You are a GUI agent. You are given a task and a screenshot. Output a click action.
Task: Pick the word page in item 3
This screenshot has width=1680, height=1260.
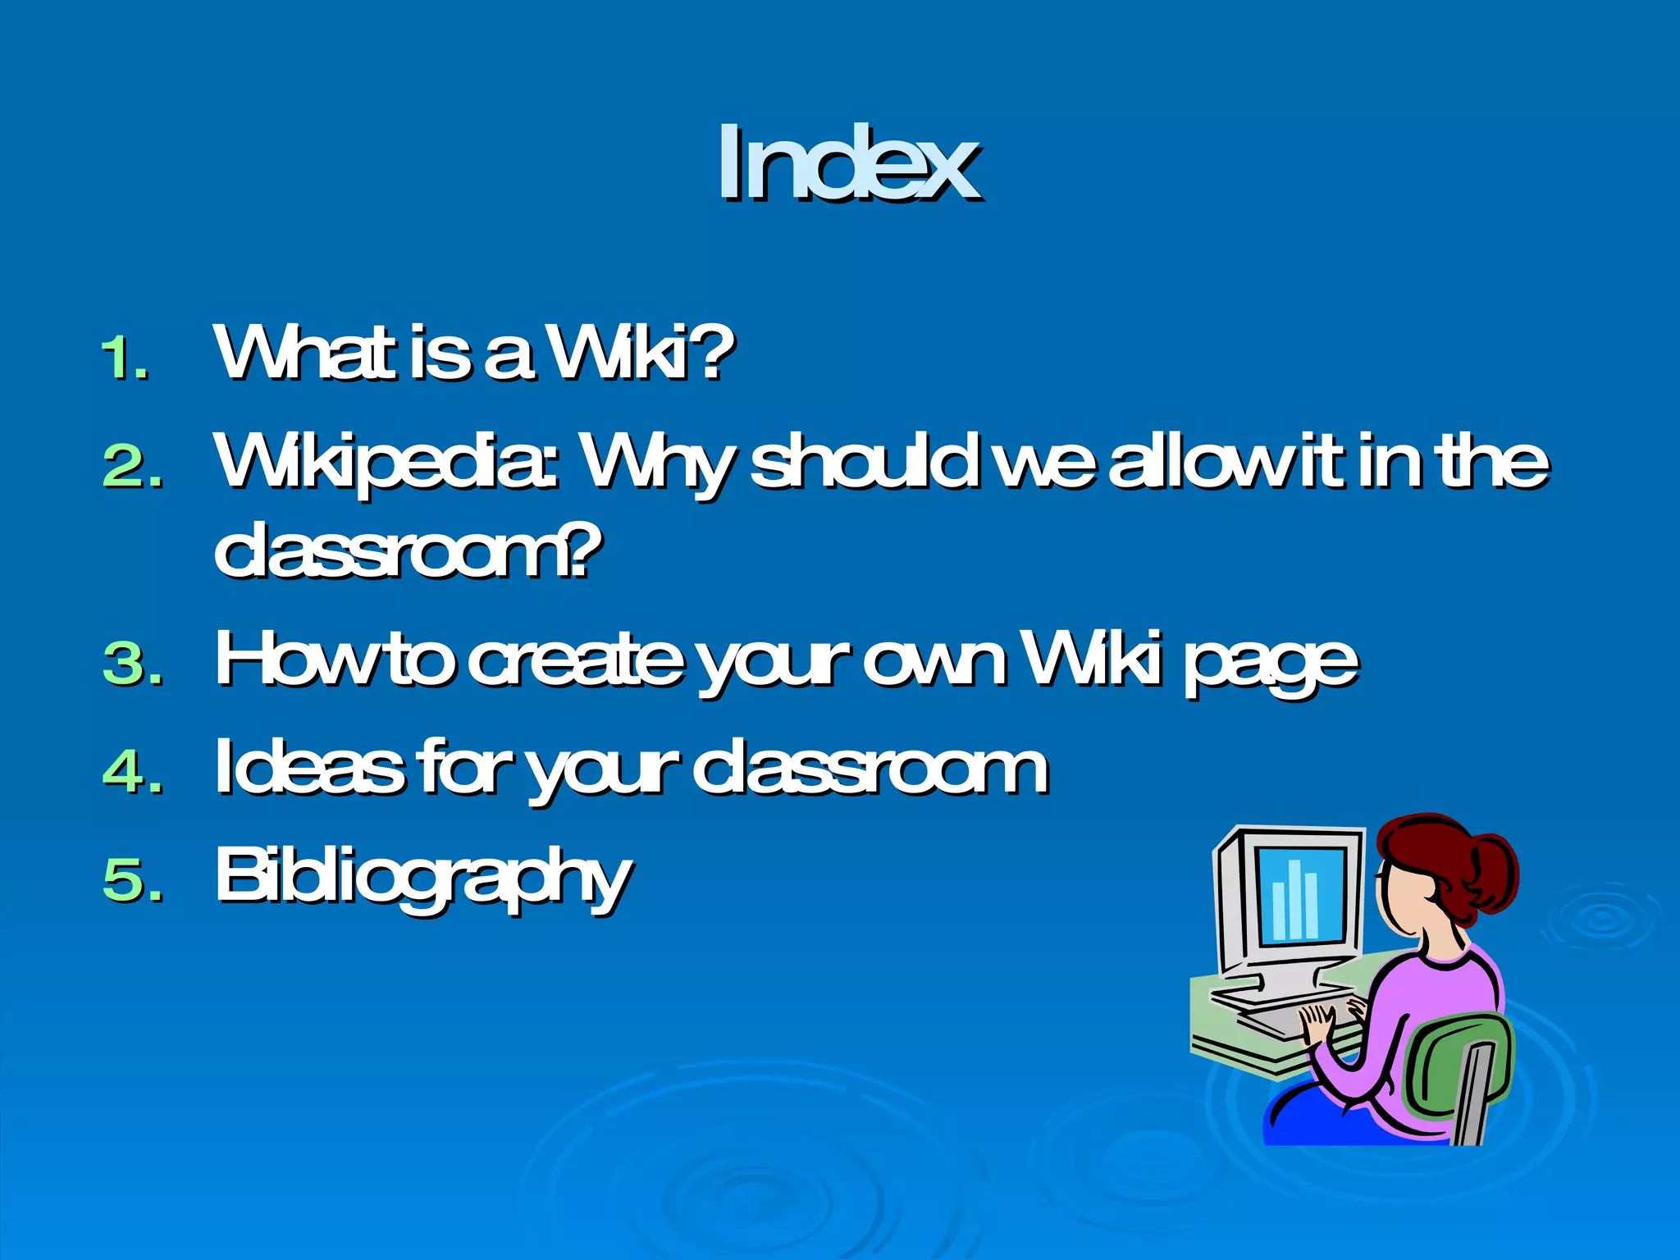[x=1270, y=664]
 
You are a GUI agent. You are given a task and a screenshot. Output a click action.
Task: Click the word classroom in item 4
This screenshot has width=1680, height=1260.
[x=870, y=769]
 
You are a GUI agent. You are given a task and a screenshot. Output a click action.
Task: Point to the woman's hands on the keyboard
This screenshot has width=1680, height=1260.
[x=1325, y=1021]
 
